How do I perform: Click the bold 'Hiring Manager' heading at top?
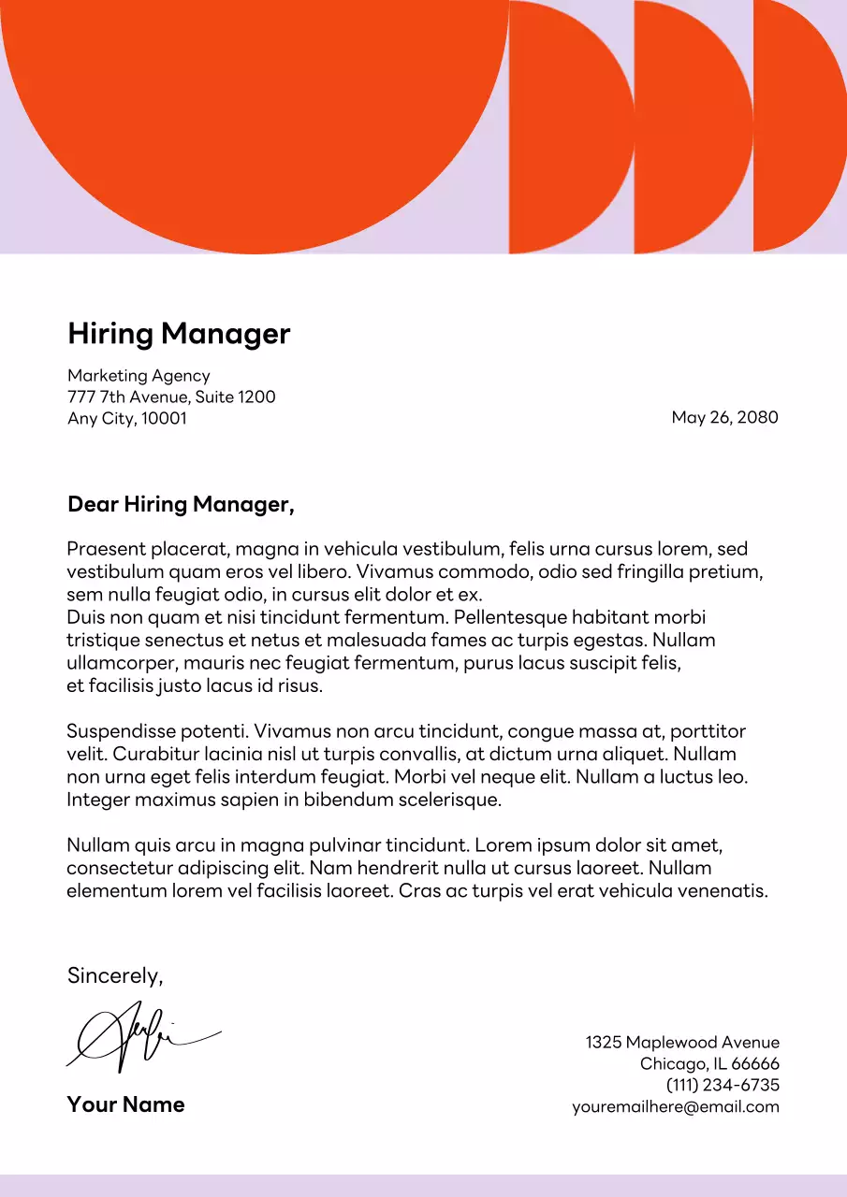tap(179, 334)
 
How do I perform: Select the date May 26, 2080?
tap(724, 417)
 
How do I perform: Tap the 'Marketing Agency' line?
tap(139, 376)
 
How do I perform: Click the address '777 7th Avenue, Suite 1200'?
tap(171, 397)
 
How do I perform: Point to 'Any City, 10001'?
tap(127, 419)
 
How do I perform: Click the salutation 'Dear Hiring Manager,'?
tap(181, 505)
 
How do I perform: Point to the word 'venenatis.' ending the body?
tap(723, 891)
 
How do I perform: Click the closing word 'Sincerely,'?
tap(115, 976)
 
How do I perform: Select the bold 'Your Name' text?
tap(125, 1104)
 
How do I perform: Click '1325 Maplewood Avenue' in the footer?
tap(682, 1043)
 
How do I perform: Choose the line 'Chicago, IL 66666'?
tap(709, 1064)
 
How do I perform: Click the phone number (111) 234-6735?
tap(723, 1086)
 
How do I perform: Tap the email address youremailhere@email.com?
tap(676, 1107)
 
